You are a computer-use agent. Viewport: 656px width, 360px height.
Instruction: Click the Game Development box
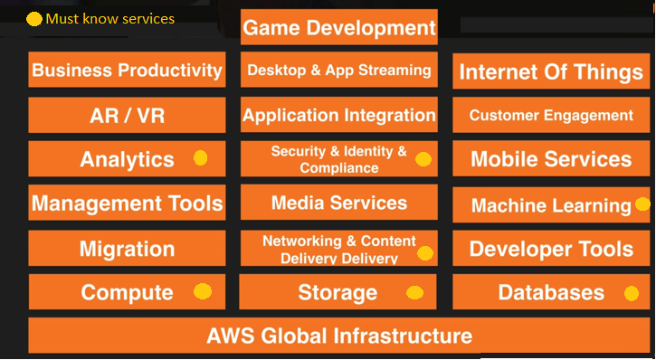point(339,27)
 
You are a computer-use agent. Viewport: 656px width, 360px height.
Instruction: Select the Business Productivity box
point(127,70)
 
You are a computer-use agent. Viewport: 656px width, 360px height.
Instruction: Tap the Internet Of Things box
point(551,71)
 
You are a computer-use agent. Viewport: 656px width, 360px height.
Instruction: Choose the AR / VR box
point(127,115)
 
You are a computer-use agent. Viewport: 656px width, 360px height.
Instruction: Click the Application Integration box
point(339,115)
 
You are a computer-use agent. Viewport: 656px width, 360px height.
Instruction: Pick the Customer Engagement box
point(551,115)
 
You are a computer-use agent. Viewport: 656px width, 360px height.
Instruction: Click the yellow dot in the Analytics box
point(201,158)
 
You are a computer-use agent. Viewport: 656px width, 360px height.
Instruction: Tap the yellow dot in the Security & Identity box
point(423,159)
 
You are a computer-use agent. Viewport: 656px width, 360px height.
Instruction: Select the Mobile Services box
point(551,159)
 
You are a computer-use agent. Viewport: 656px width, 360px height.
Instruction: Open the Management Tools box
point(127,204)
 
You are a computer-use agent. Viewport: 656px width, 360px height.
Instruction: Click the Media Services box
point(339,203)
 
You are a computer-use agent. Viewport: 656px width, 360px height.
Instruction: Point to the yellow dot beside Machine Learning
point(642,204)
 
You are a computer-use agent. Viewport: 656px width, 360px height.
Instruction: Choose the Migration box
point(127,248)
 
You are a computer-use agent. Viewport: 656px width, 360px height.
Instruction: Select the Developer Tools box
point(551,248)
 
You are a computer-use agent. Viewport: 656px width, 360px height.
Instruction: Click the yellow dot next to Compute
point(203,291)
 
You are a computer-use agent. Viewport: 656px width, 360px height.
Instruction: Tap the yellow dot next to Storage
point(414,292)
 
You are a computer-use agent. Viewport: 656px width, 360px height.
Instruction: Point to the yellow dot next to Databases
point(631,292)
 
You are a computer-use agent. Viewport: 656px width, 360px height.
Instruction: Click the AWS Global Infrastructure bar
point(339,336)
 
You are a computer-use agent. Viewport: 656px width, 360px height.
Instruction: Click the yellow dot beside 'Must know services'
point(34,19)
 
